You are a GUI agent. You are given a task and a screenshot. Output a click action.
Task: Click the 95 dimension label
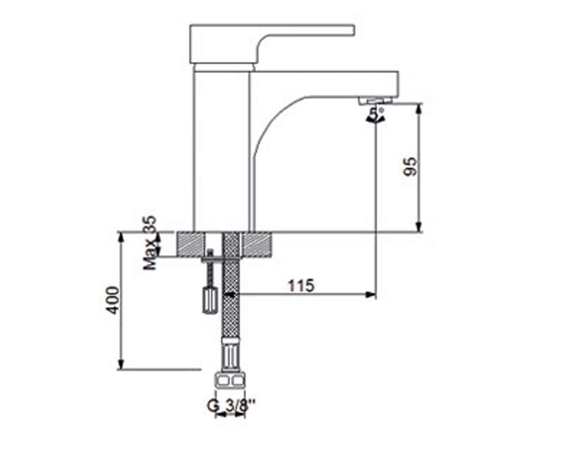pyautogui.click(x=410, y=167)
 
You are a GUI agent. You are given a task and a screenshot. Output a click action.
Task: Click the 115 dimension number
pyautogui.click(x=301, y=285)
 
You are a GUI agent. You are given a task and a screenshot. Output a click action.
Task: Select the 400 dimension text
pyautogui.click(x=112, y=300)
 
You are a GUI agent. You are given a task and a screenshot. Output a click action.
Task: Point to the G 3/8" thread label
pyautogui.click(x=231, y=406)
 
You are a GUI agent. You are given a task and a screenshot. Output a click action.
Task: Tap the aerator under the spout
pyautogui.click(x=376, y=101)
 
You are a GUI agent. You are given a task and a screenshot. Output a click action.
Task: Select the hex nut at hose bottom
pyautogui.click(x=230, y=381)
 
